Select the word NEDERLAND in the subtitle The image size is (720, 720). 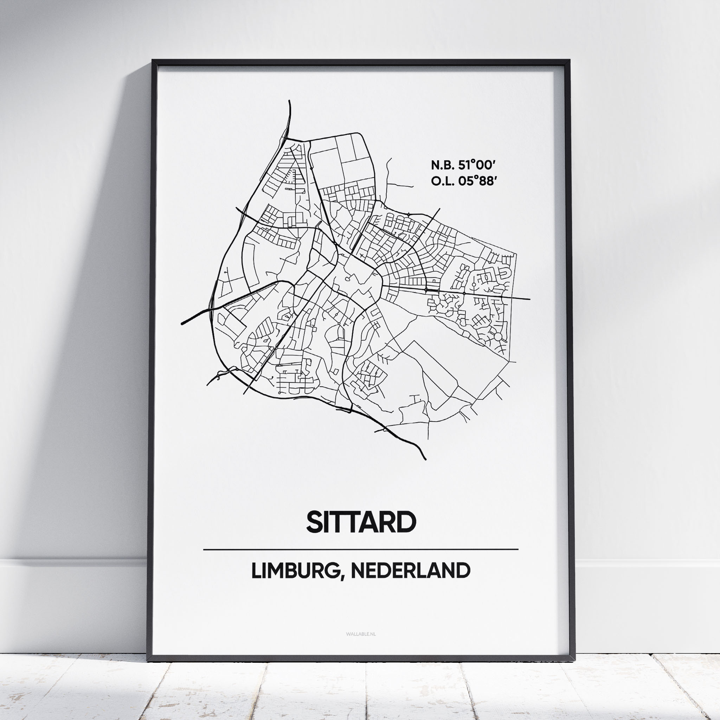point(410,571)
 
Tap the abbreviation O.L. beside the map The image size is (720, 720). point(441,181)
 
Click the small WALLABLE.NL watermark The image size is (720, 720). point(361,634)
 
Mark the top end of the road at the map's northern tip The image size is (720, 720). point(289,101)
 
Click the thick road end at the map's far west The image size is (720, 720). point(182,323)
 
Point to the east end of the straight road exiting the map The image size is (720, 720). point(529,299)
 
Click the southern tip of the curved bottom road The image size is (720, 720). point(425,459)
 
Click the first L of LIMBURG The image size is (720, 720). point(255,571)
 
